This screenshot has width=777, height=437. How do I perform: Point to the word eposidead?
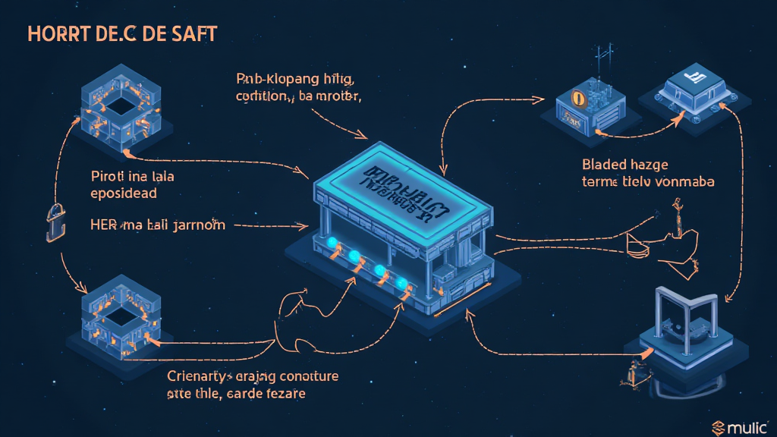123,193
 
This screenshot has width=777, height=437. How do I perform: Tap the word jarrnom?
199,225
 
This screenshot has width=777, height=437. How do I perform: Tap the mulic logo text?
747,428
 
